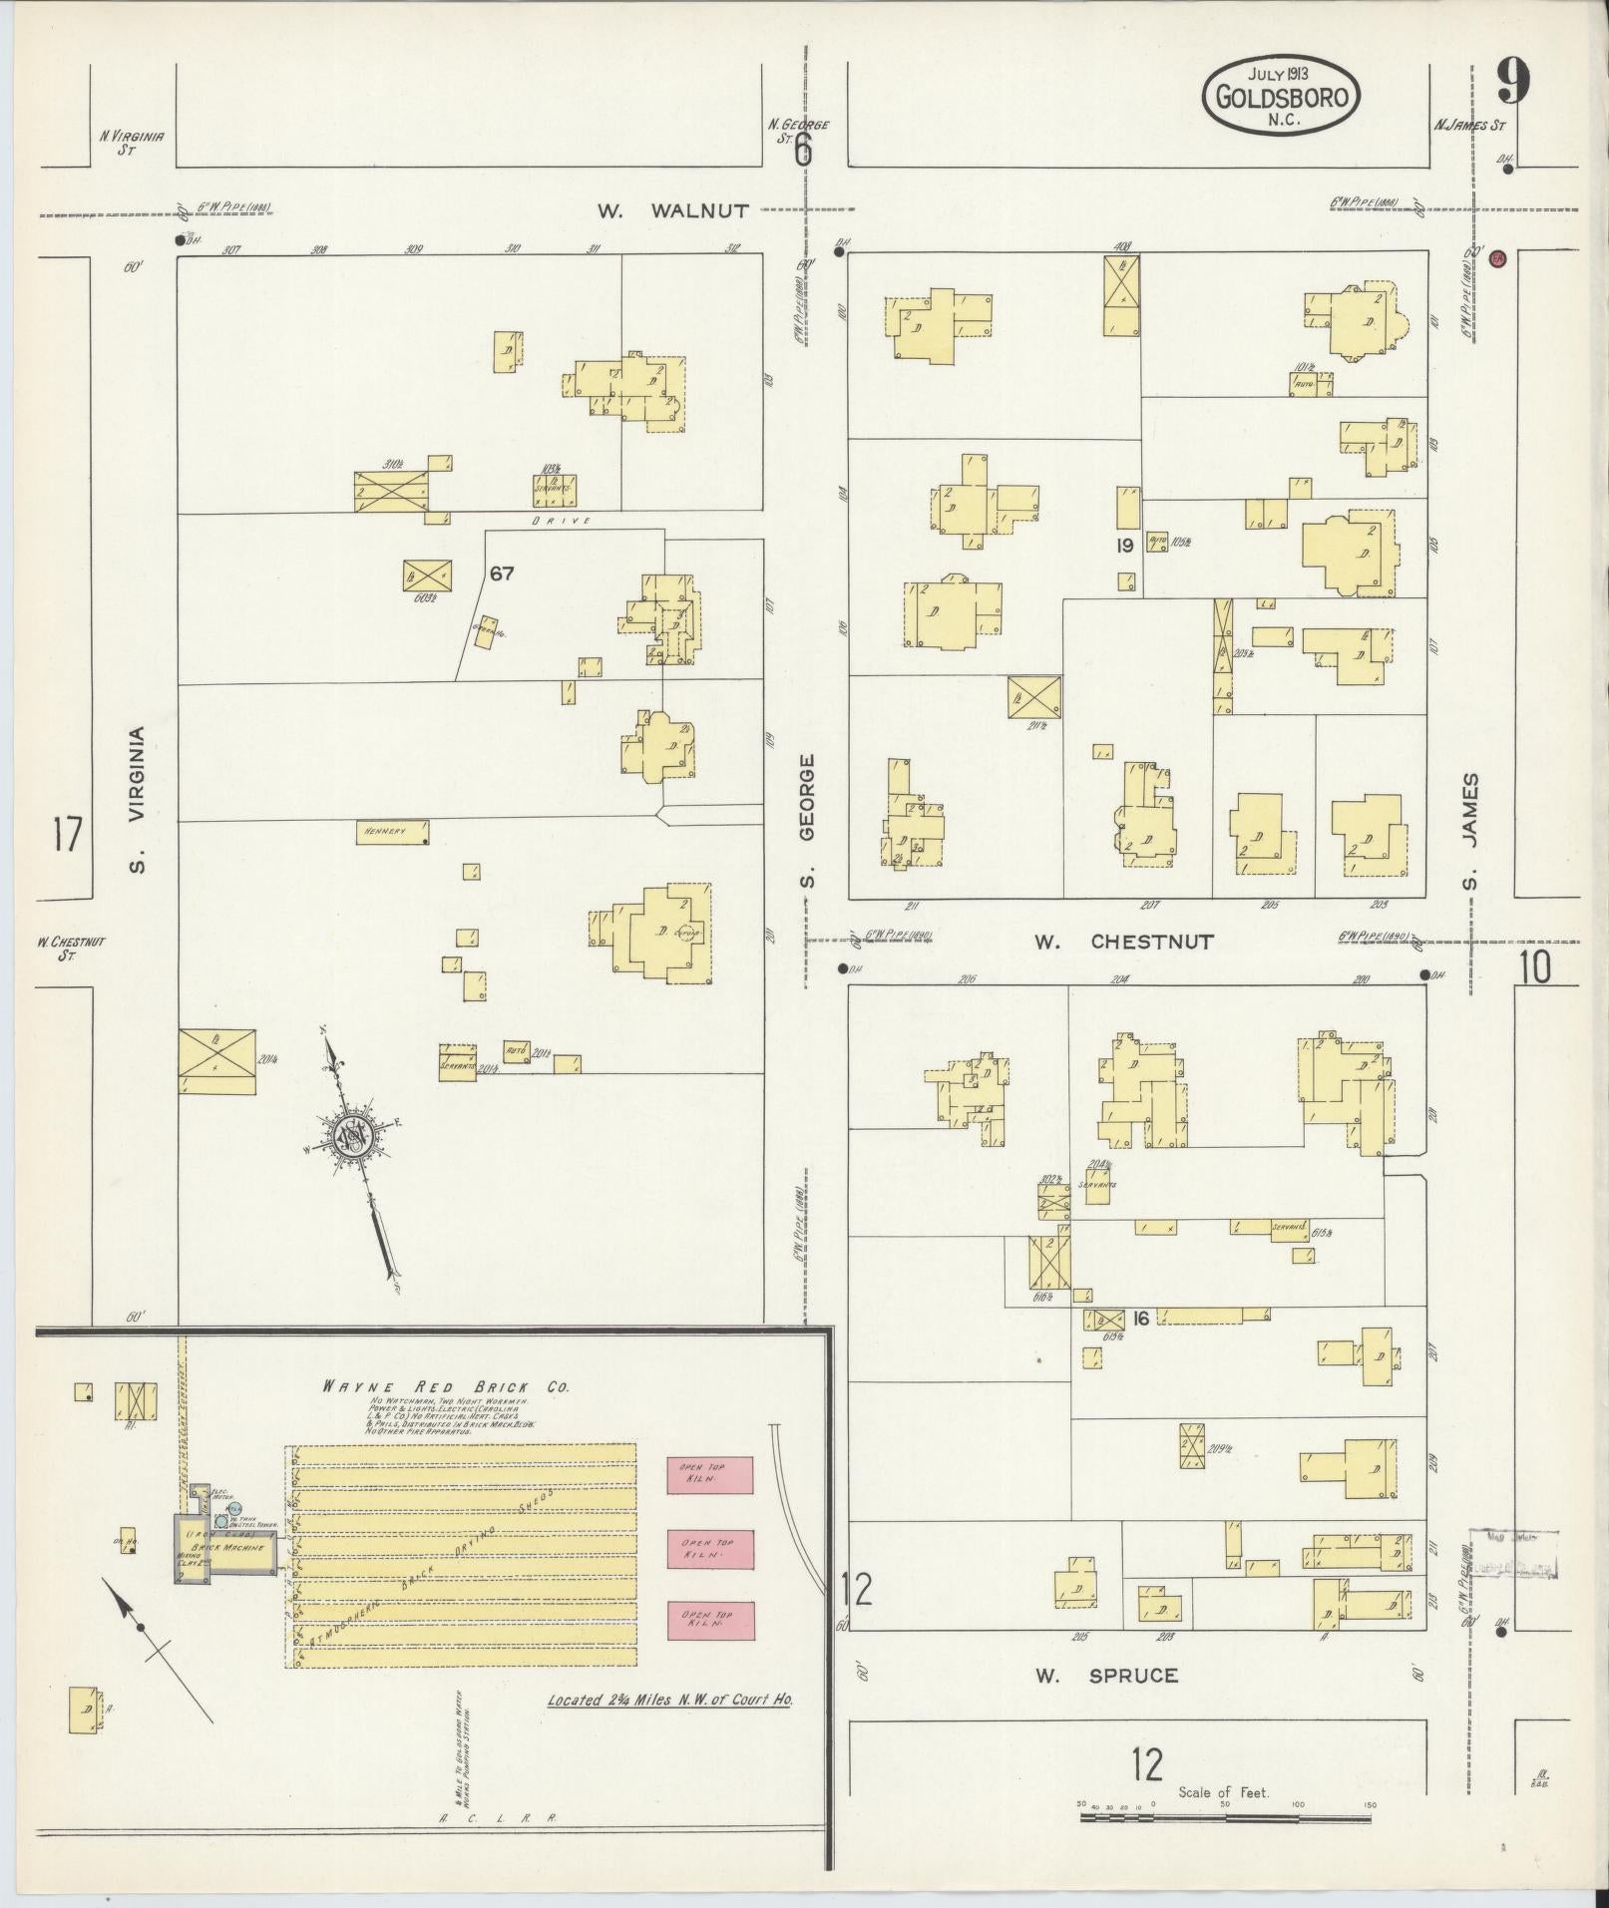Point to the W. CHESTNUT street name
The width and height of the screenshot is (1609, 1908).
tap(1123, 942)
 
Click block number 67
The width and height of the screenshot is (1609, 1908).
tap(501, 573)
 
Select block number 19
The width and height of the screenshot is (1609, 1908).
tap(1125, 546)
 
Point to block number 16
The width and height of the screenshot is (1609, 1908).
tap(1141, 1319)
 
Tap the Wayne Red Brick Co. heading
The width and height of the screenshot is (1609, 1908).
tap(444, 1387)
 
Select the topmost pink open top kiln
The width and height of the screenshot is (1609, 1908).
tap(709, 1475)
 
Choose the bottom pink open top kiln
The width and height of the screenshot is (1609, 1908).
tap(709, 1620)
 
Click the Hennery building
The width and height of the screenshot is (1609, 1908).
tap(393, 832)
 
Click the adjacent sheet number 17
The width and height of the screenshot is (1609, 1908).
tap(66, 834)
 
